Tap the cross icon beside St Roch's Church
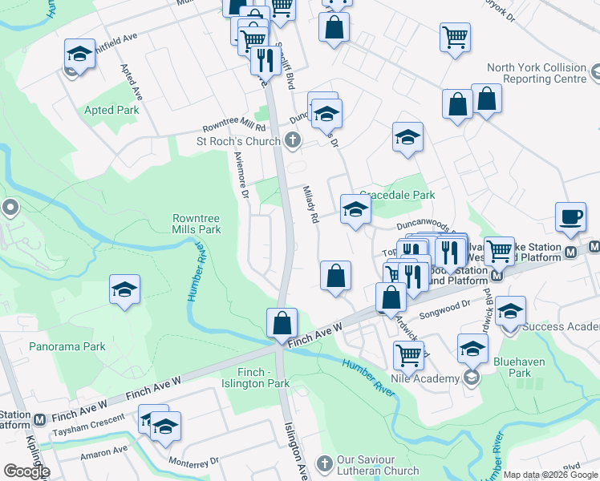[293, 142]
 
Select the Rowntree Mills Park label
[197, 224]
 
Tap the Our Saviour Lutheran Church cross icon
[323, 463]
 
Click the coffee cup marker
[571, 216]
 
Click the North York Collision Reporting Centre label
[537, 74]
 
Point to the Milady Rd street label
[310, 205]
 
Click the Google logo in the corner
[26, 471]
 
